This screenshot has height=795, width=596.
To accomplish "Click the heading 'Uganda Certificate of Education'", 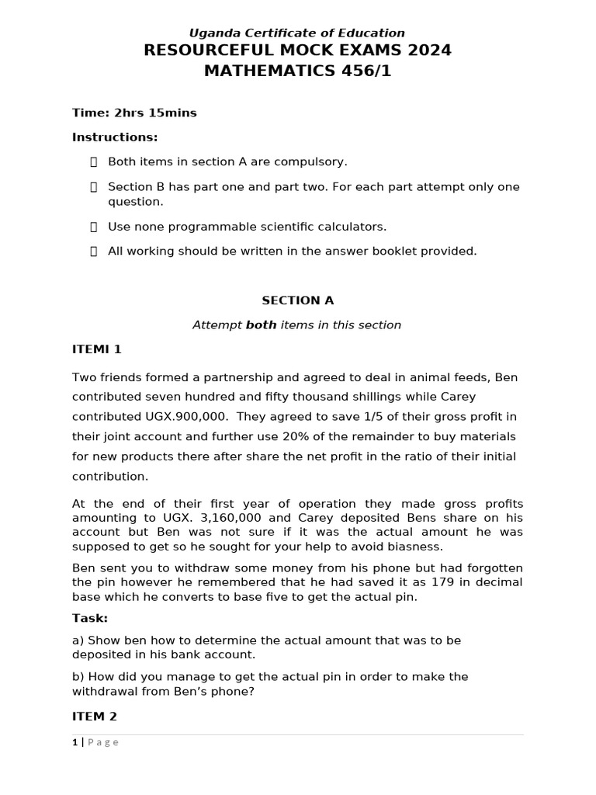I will coord(297,33).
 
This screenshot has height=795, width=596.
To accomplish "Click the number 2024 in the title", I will coord(424,51).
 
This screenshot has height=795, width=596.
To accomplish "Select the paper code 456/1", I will coord(359,71).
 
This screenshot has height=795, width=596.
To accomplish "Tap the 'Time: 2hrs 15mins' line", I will coord(134,113).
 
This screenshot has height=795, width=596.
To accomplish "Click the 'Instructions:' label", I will coord(115,137).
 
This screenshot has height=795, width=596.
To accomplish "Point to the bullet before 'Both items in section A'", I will coord(93,161).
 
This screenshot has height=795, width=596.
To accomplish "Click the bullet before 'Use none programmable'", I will coord(93,227).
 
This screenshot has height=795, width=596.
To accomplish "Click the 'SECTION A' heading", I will coord(297,300).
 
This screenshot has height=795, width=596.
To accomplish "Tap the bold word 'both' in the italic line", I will coord(261,325).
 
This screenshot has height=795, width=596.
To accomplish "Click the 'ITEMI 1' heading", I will coord(97,349).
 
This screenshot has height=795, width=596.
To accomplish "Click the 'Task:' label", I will coord(90,618).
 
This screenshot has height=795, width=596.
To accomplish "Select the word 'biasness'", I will coord(422,546).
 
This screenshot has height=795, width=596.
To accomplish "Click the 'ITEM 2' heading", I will coord(95,716).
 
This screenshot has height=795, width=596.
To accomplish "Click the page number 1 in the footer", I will coord(75,742).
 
